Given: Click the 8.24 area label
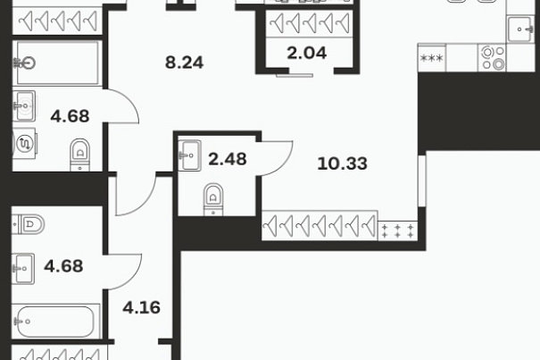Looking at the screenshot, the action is (x=184, y=63).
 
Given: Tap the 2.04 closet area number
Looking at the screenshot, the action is (x=306, y=53).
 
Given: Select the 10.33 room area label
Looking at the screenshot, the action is (x=343, y=163).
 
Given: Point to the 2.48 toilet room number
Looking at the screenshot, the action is (x=228, y=159).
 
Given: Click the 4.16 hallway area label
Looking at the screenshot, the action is (x=142, y=307).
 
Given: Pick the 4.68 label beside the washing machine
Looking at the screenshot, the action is (x=70, y=116).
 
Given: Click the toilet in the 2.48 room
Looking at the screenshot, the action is (x=213, y=199).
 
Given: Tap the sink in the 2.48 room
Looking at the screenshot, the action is (x=189, y=155).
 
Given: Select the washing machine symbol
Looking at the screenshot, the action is (x=24, y=144).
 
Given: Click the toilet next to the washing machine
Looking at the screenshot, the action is (x=80, y=155).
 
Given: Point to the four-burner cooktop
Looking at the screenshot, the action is (x=492, y=58).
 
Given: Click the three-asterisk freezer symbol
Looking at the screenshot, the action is (x=432, y=58).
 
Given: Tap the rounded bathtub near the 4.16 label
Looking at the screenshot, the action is (x=56, y=322).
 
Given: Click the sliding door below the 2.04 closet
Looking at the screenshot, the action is (x=295, y=75).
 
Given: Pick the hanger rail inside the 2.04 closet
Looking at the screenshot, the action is (x=309, y=23).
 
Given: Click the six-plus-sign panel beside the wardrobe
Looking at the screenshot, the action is (x=398, y=231).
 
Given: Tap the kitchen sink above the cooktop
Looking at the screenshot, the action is (x=520, y=29).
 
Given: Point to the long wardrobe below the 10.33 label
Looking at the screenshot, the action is (x=320, y=225).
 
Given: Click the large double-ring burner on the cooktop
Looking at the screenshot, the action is (x=498, y=63).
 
